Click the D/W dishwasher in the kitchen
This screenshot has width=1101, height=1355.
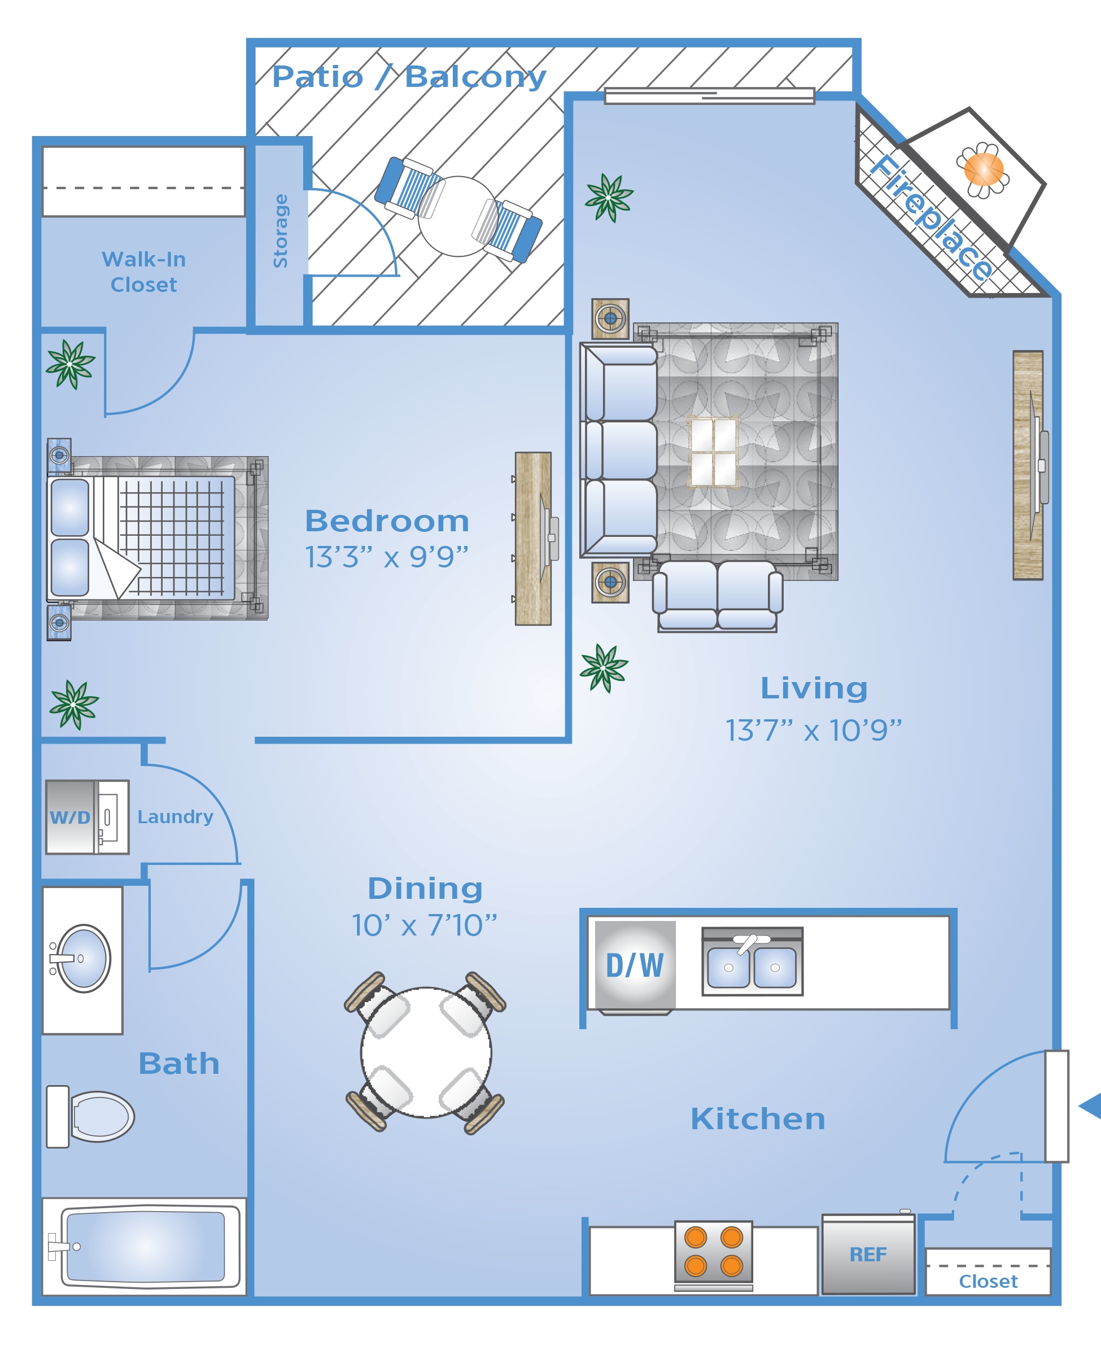pos(635,965)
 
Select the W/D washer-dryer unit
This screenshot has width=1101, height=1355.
pos(88,817)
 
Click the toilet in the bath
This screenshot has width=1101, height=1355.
pos(90,1117)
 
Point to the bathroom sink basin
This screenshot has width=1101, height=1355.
pos(84,958)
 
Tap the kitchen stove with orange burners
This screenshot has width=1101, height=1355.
pos(714,1252)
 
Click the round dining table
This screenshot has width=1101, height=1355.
pos(426,1052)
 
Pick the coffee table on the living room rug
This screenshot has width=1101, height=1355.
pos(714,452)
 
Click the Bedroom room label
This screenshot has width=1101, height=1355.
pos(387,521)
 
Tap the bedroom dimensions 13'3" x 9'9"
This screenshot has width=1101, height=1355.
pos(387,557)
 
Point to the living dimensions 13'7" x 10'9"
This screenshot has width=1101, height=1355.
pos(814,731)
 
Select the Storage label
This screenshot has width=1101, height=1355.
pos(280,231)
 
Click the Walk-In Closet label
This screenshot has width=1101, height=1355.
pos(144,272)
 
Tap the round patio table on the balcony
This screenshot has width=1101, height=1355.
pos(458,216)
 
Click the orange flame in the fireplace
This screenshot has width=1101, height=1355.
pos(984,169)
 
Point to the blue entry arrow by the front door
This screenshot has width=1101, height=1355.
pos(1090,1107)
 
